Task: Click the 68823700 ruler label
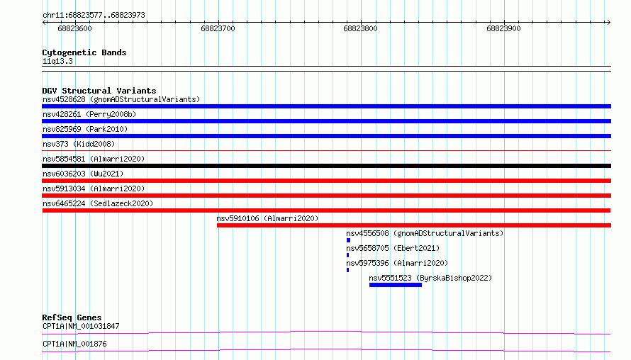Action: (218, 28)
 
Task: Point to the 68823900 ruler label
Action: (503, 28)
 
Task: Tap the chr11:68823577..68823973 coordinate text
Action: (94, 16)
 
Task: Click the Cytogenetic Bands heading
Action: (84, 52)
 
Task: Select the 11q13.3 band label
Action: (57, 61)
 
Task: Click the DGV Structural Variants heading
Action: (99, 91)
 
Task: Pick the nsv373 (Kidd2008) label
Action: (79, 144)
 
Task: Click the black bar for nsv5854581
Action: (326, 166)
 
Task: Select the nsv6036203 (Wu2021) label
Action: (83, 174)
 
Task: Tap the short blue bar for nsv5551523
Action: (396, 285)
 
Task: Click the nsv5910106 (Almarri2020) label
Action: (267, 218)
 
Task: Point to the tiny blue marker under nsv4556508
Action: (349, 240)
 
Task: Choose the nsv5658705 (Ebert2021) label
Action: (393, 248)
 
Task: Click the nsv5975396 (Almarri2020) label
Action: (397, 263)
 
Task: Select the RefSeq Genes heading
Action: (72, 317)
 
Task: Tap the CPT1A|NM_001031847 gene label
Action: (81, 326)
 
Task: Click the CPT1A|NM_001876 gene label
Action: (74, 344)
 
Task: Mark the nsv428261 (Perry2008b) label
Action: (89, 114)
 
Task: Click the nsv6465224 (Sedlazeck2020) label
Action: (98, 203)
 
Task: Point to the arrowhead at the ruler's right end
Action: (609, 23)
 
